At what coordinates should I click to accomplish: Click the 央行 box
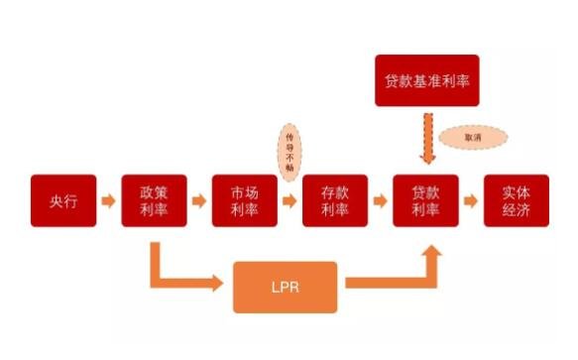tap(62, 201)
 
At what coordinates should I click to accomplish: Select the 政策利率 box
tap(155, 201)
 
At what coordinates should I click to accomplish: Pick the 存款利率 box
tap(335, 201)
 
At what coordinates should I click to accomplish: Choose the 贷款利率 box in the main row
tap(425, 201)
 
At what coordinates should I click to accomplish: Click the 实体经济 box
tap(516, 201)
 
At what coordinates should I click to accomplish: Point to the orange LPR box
tap(286, 287)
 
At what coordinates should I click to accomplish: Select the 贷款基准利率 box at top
tap(427, 80)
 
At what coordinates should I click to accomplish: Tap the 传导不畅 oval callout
tap(289, 152)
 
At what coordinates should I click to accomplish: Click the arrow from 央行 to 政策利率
tap(109, 201)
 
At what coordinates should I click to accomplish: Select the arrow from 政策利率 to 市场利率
tap(199, 201)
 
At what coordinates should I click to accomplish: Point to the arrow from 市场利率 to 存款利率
tap(289, 201)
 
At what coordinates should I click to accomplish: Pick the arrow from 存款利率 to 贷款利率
tap(380, 201)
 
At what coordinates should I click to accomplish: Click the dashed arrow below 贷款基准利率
tap(427, 138)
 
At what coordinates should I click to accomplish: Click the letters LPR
tap(286, 287)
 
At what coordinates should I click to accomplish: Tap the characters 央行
tap(62, 201)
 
